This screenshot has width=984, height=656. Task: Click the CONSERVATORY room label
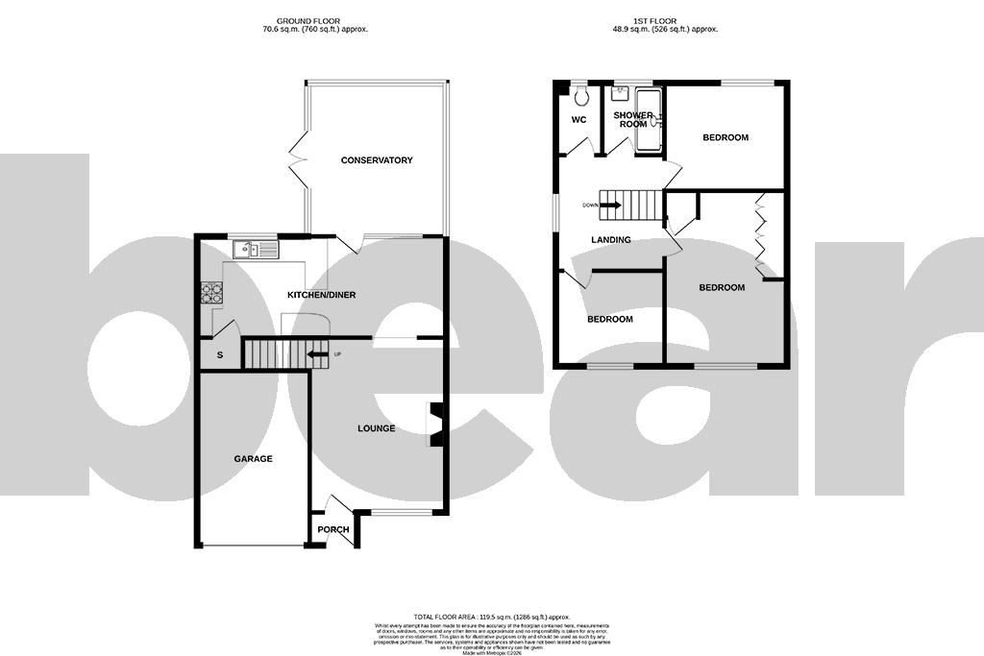coord(377,160)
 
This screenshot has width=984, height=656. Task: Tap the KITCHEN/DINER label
coord(321,295)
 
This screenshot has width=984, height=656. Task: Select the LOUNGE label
coord(376,428)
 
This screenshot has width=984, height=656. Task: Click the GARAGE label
coord(253,459)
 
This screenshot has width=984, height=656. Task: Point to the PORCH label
coord(333,530)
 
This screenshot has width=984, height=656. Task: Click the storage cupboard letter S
coord(220,355)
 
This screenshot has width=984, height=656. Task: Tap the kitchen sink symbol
coord(255,251)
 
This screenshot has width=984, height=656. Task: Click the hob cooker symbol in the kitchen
coord(210,292)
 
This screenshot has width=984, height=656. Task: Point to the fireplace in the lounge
coord(435,425)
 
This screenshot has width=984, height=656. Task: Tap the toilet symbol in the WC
coord(579,97)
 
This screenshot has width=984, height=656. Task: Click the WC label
coord(578,120)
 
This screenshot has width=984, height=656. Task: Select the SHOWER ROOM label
coord(633,120)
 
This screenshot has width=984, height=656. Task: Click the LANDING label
coord(611,240)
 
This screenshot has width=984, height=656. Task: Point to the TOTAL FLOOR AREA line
coord(492,617)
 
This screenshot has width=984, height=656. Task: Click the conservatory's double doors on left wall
coord(298,160)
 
